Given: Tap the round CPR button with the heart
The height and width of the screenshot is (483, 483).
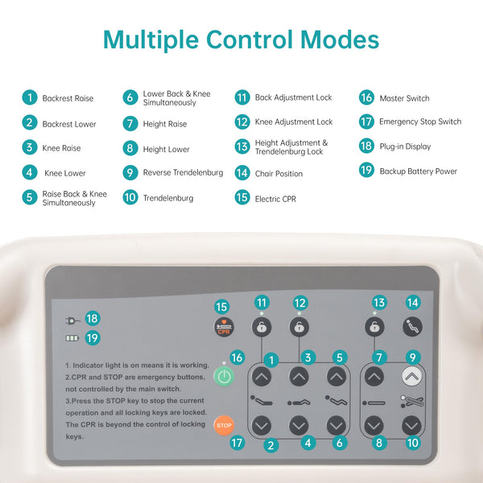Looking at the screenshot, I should pos(223,328).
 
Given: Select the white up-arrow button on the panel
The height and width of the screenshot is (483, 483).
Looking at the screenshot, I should pos(411,375).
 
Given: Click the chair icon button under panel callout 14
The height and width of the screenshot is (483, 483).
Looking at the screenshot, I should pos(411,327).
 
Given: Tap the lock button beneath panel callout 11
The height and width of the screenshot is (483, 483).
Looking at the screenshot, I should pos(262,327).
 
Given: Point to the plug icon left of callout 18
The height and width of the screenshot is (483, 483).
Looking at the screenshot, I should pos(72,319).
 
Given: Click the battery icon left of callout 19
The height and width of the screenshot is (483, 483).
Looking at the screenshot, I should pos(72,338).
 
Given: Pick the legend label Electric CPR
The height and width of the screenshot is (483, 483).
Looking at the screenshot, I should pos(275,199).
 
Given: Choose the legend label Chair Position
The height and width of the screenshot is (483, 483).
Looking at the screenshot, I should pos(279,174).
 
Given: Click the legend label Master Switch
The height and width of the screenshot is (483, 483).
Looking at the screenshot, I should pos(404,98).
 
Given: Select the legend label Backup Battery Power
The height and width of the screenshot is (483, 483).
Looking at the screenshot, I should pos(418,171).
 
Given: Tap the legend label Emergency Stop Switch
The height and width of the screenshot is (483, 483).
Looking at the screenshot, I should pos(420,122).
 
